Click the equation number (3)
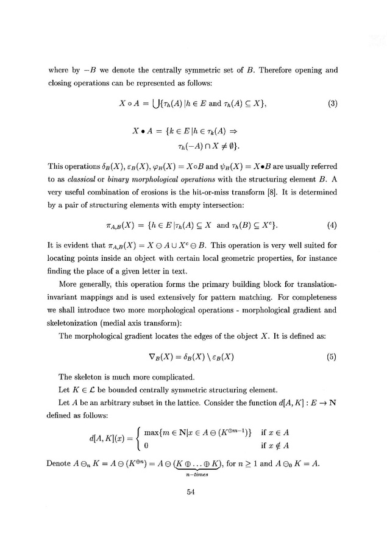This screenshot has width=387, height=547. tap(332, 103)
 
